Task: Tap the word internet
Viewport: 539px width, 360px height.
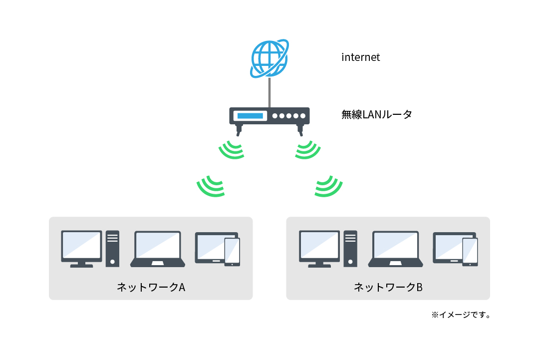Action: click(360, 57)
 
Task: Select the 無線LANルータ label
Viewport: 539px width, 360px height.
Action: click(377, 115)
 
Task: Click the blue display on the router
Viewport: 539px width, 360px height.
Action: click(250, 116)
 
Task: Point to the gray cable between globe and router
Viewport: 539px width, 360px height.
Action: click(269, 92)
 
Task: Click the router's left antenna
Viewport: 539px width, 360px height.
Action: click(239, 130)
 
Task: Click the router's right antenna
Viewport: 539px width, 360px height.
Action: click(300, 130)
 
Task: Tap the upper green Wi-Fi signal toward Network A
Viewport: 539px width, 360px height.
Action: click(233, 150)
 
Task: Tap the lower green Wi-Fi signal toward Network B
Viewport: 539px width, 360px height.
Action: click(328, 186)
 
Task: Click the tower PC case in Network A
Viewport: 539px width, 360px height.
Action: click(112, 248)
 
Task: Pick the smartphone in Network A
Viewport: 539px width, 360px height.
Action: click(232, 252)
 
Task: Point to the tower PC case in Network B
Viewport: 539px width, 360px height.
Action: click(350, 248)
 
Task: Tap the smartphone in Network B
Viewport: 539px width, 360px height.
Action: click(470, 252)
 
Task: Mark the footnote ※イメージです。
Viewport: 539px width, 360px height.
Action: click(461, 315)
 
